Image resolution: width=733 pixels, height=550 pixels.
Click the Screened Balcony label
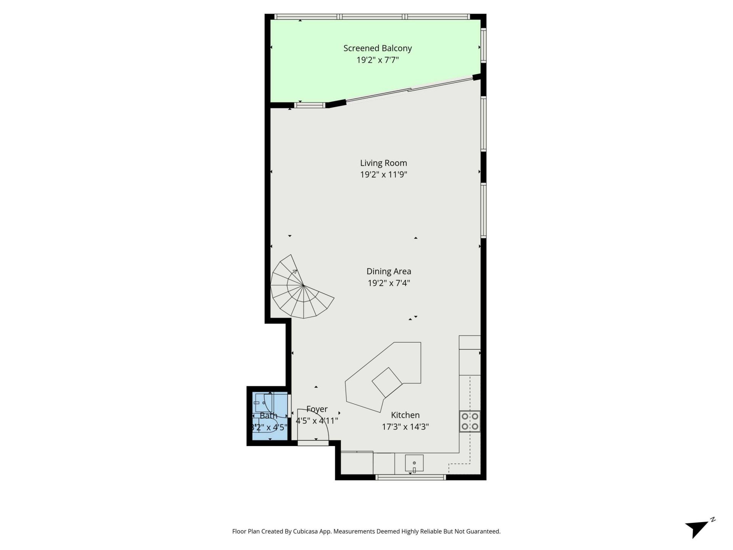(x=377, y=48)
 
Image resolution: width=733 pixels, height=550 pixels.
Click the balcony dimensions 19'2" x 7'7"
(x=377, y=60)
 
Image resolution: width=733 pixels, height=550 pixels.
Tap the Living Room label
(x=383, y=163)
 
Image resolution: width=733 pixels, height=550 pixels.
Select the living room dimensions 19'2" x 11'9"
(x=383, y=175)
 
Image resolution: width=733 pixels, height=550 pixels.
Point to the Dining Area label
(x=389, y=271)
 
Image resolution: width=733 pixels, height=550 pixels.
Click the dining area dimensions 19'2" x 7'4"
(x=389, y=283)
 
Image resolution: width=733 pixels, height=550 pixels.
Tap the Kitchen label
(x=405, y=415)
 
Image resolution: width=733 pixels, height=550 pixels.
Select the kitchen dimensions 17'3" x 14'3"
(x=405, y=427)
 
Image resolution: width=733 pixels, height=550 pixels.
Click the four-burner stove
(x=470, y=421)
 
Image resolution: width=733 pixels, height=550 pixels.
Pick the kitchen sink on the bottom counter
(x=414, y=463)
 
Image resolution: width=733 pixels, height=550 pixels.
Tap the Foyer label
(x=317, y=409)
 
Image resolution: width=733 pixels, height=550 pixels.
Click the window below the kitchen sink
(x=410, y=477)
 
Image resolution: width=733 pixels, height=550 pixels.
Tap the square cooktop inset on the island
(x=387, y=382)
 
